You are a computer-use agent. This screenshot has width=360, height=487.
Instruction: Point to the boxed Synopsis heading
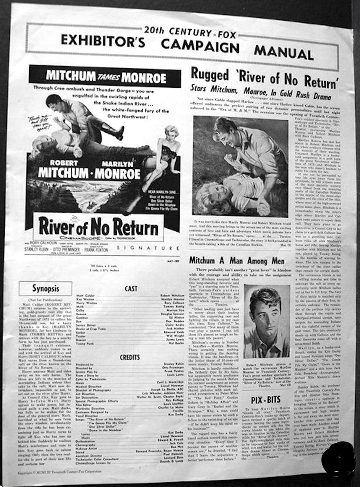45,289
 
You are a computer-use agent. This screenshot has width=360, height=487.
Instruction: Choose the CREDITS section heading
129,358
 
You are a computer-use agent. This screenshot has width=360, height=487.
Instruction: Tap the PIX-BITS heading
265,400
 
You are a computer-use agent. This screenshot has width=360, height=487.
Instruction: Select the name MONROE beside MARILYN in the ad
117,174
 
